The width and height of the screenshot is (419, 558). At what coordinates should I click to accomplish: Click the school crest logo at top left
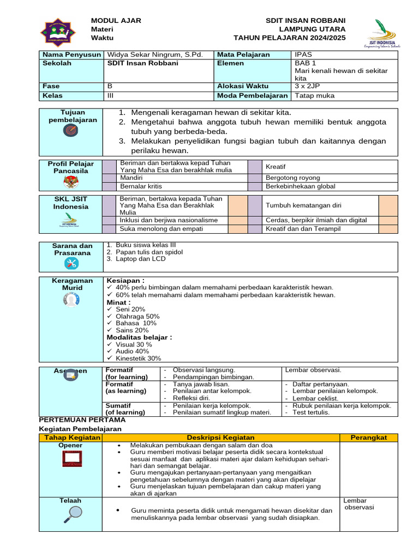pos(58,32)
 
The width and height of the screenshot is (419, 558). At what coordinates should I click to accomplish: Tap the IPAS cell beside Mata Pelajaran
pos(303,54)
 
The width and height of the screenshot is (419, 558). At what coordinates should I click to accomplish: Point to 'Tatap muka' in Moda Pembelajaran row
pos(314,95)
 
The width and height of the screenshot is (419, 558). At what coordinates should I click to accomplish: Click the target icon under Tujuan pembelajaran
pos(70,131)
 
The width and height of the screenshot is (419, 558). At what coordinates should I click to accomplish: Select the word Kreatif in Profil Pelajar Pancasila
pos(276,166)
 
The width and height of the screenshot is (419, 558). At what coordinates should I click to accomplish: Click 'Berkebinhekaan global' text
pos(300,186)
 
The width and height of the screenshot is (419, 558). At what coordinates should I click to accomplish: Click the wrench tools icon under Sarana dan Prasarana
pos(71,263)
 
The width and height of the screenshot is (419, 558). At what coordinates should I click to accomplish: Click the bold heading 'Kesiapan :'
pos(125,280)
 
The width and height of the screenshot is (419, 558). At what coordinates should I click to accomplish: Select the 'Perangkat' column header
pos(369,437)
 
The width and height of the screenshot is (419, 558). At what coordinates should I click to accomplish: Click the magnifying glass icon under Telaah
pos(71,512)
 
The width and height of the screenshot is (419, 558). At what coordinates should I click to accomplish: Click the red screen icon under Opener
pos(71,461)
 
